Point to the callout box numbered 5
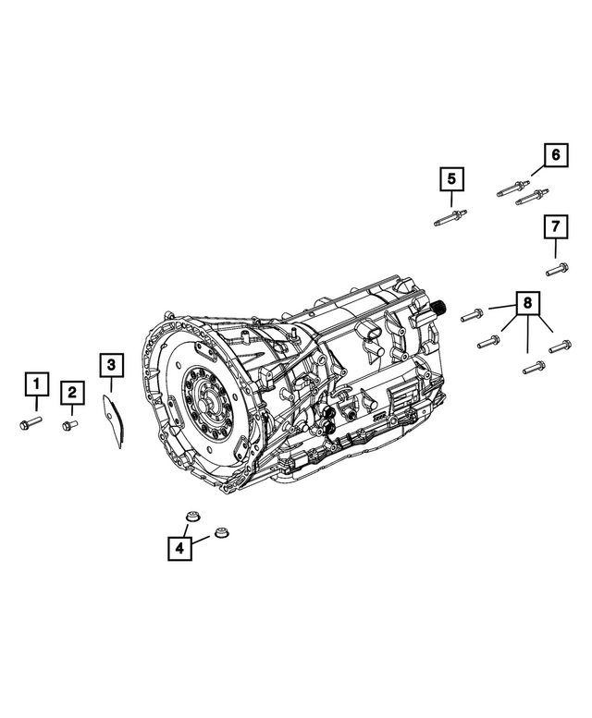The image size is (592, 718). [451, 177]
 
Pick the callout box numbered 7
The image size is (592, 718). [555, 226]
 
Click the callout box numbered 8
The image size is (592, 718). [526, 303]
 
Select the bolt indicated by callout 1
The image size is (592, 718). [27, 423]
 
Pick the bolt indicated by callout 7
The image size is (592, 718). [556, 269]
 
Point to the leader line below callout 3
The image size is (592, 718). [110, 386]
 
